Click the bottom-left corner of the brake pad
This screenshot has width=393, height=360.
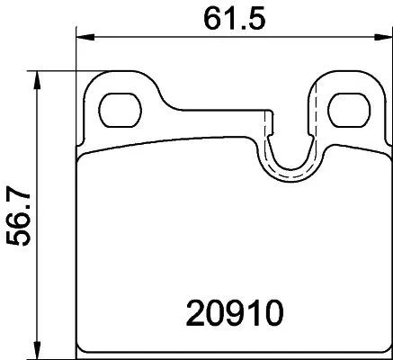(81, 349)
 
